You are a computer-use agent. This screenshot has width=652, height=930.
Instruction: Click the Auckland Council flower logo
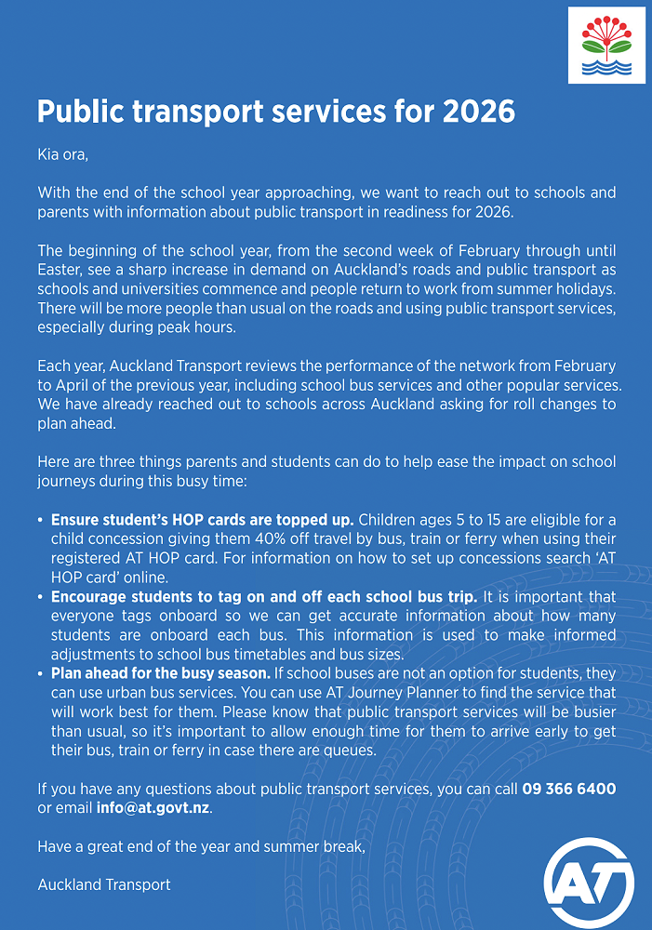pyautogui.click(x=605, y=44)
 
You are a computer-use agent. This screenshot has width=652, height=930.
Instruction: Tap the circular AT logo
pyautogui.click(x=589, y=879)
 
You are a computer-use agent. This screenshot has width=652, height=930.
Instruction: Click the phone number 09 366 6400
pyautogui.click(x=569, y=789)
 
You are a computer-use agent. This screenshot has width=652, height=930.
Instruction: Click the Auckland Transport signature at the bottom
pyautogui.click(x=104, y=884)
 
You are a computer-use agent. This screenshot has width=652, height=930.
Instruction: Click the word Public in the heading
pyautogui.click(x=81, y=112)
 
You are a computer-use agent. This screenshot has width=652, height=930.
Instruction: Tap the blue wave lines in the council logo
pyautogui.click(x=605, y=67)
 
